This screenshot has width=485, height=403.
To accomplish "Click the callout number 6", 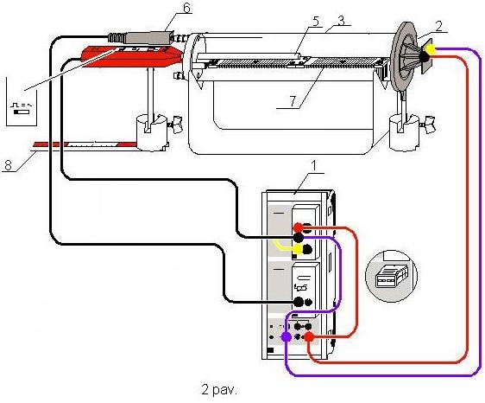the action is (186, 8).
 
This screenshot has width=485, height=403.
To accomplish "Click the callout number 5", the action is (316, 22).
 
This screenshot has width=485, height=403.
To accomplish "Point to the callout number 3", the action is (341, 21).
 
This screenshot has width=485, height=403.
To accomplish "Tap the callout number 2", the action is (439, 26).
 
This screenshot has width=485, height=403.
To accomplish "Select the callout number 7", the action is (293, 101).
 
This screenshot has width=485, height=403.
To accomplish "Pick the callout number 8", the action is (8, 165).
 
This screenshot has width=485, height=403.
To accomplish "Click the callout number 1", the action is (313, 166).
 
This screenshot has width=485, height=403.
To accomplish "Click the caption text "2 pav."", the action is (219, 389).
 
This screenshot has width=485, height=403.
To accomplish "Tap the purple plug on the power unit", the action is (287, 336).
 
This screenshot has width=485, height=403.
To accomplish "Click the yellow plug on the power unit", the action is (298, 248).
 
